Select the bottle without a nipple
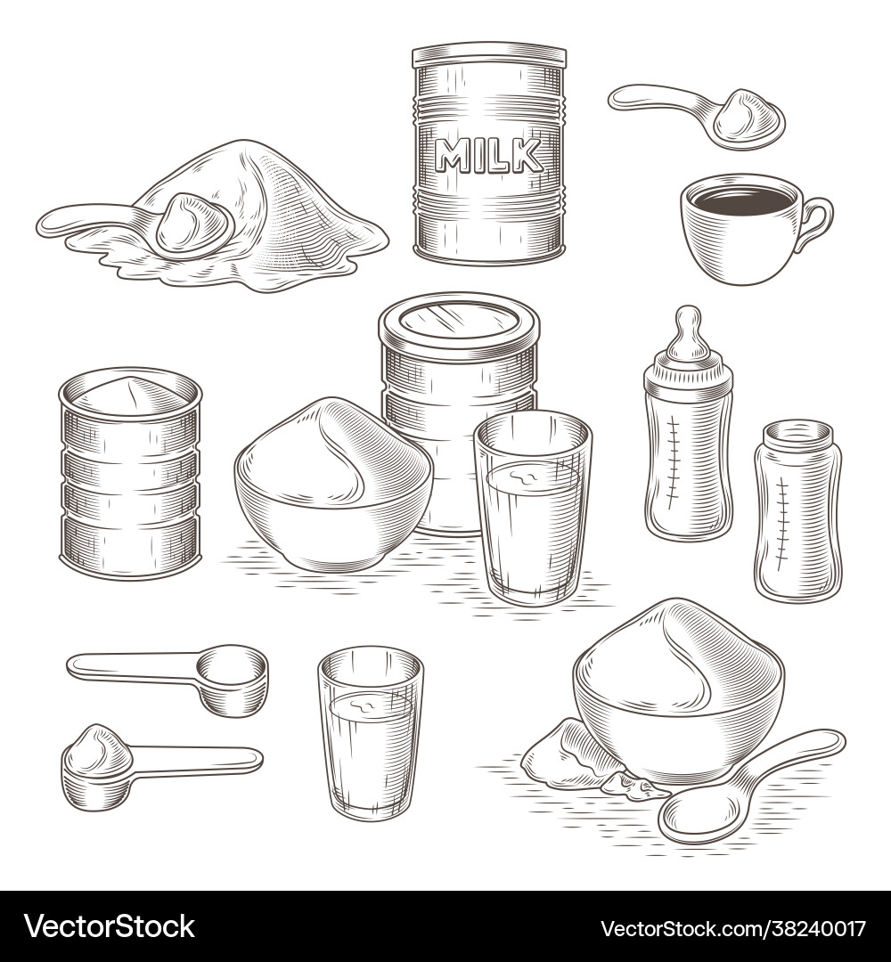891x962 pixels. (797, 510)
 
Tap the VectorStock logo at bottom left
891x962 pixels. (110, 927)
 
